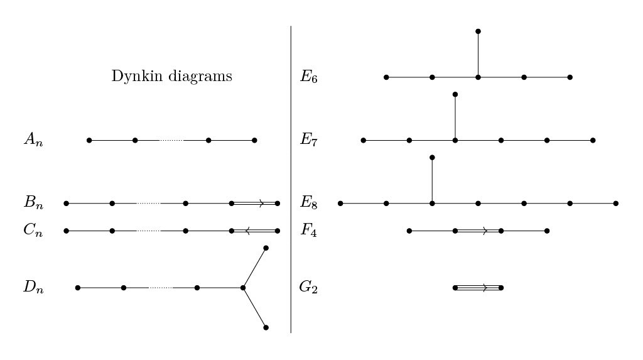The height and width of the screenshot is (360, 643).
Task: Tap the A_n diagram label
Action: pyautogui.click(x=33, y=140)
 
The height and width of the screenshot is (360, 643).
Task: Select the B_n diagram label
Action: pyautogui.click(x=33, y=203)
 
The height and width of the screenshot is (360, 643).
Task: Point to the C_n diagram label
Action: pyautogui.click(x=33, y=231)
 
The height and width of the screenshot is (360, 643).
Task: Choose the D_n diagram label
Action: pyautogui.click(x=33, y=288)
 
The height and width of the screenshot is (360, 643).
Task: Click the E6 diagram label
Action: pyautogui.click(x=309, y=77)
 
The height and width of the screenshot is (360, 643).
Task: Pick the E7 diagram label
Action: pyautogui.click(x=309, y=140)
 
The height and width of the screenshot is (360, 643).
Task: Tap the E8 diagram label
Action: pyautogui.click(x=309, y=203)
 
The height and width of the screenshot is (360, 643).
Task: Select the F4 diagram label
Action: pyautogui.click(x=309, y=231)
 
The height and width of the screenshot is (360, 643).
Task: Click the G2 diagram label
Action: pyautogui.click(x=308, y=288)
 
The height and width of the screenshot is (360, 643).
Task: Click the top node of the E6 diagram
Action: pyautogui.click(x=478, y=31)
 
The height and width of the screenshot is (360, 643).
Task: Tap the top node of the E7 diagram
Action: pyautogui.click(x=455, y=94)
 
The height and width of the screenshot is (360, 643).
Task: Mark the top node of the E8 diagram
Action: pyautogui.click(x=432, y=157)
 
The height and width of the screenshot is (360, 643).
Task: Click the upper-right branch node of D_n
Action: pyautogui.click(x=266, y=248)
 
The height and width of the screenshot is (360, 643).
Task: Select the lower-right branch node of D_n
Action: pyautogui.click(x=266, y=327)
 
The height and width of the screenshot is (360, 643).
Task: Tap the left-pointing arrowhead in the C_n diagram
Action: pyautogui.click(x=248, y=231)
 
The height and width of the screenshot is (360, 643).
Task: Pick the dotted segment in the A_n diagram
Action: pyautogui.click(x=171, y=140)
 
